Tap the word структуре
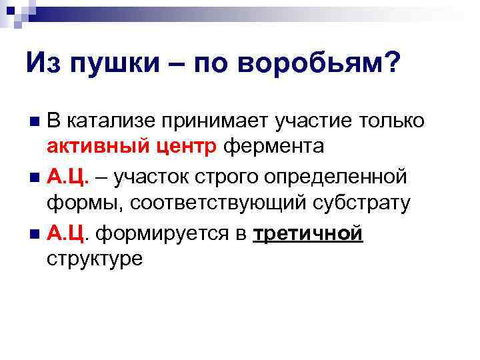(95, 258)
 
